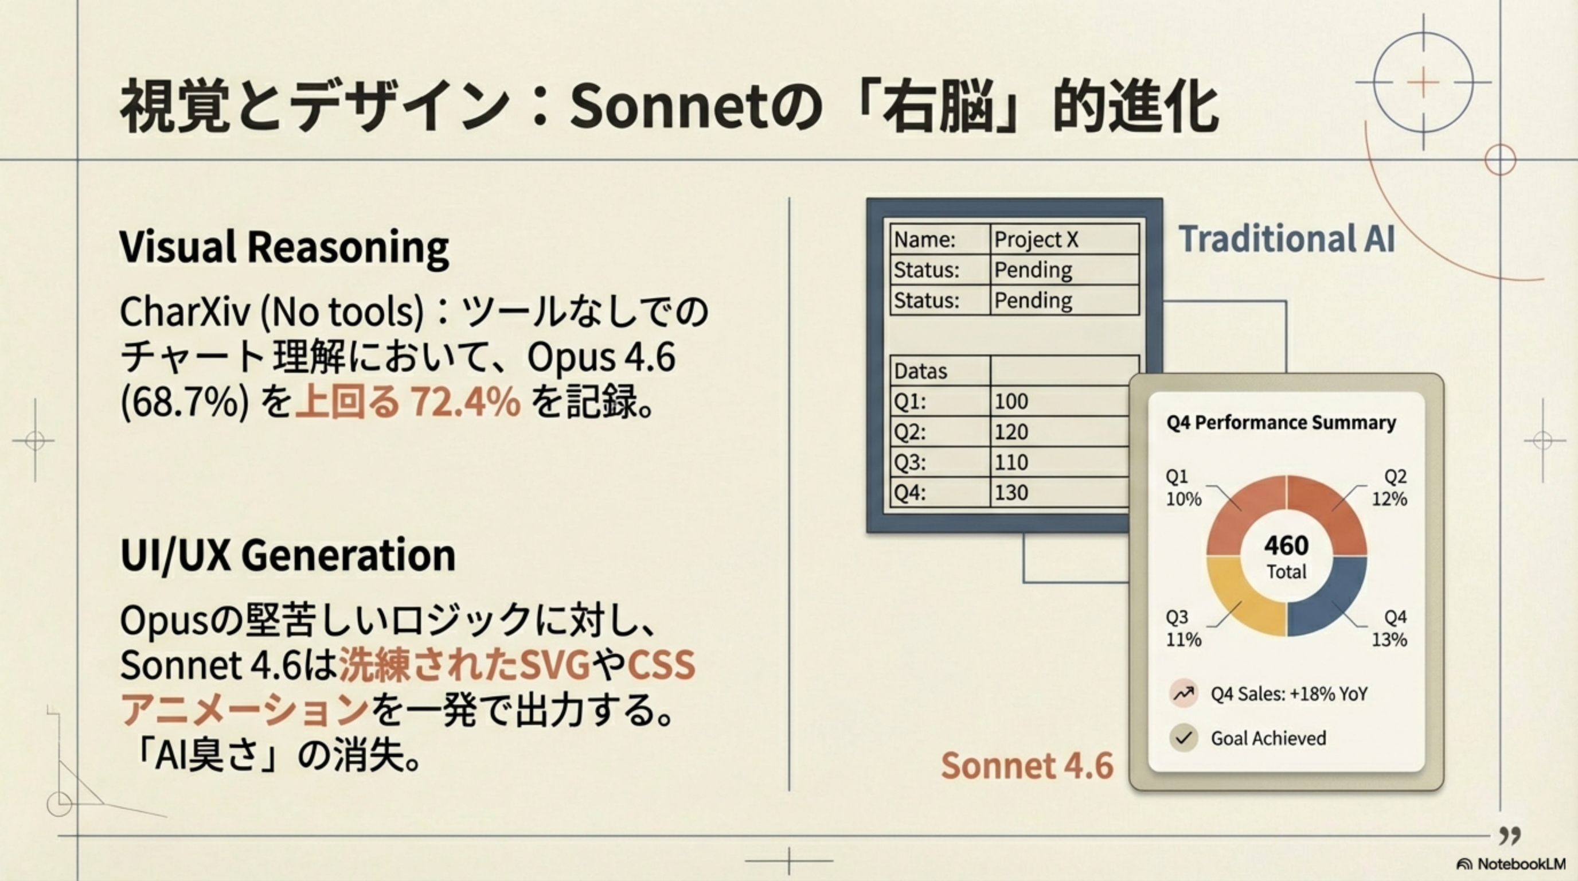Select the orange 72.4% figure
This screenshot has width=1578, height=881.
[x=466, y=403]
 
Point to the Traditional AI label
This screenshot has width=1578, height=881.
[x=1286, y=239]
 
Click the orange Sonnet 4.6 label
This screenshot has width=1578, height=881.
[x=1028, y=766]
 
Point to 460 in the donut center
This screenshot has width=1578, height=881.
[x=1286, y=545]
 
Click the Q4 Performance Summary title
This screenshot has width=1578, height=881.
[x=1281, y=423]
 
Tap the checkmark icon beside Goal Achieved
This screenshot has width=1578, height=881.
[x=1183, y=738]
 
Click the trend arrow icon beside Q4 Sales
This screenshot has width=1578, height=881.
[x=1183, y=693]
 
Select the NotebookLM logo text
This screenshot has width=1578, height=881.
[x=1521, y=864]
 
